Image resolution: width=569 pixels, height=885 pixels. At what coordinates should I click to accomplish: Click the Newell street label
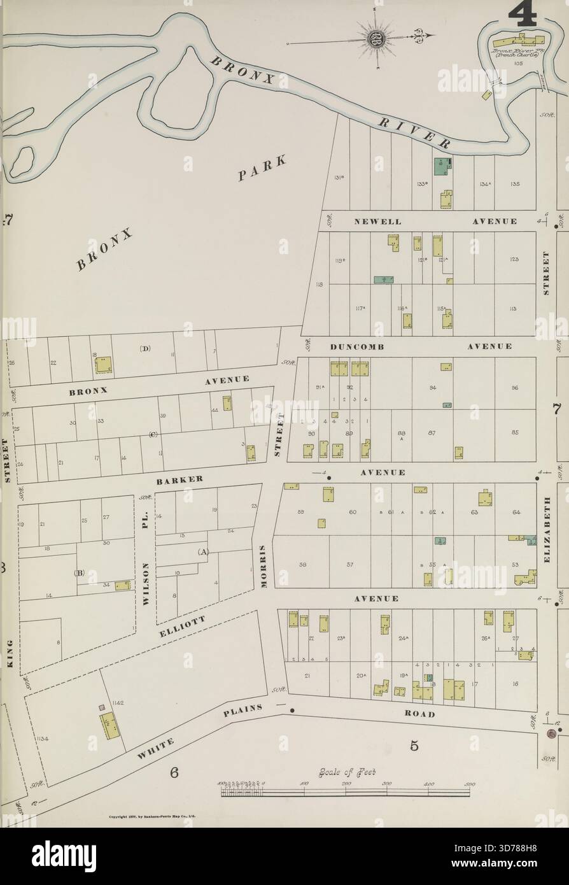378,222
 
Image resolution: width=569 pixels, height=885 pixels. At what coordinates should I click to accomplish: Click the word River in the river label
414,132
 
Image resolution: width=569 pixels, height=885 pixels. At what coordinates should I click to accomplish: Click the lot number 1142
116,702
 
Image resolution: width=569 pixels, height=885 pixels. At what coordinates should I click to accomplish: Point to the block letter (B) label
79,572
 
